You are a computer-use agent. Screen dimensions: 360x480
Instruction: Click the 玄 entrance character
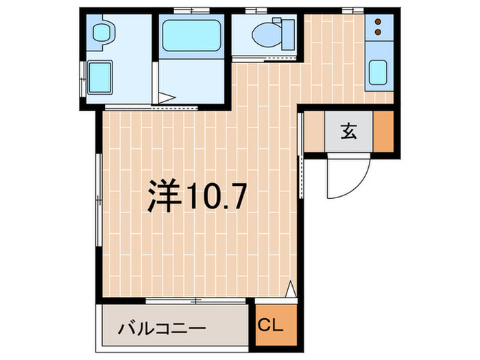[x=349, y=132]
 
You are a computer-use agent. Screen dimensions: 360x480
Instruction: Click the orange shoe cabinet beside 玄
[x=383, y=131]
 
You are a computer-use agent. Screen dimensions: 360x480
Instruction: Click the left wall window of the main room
[x=100, y=199]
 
